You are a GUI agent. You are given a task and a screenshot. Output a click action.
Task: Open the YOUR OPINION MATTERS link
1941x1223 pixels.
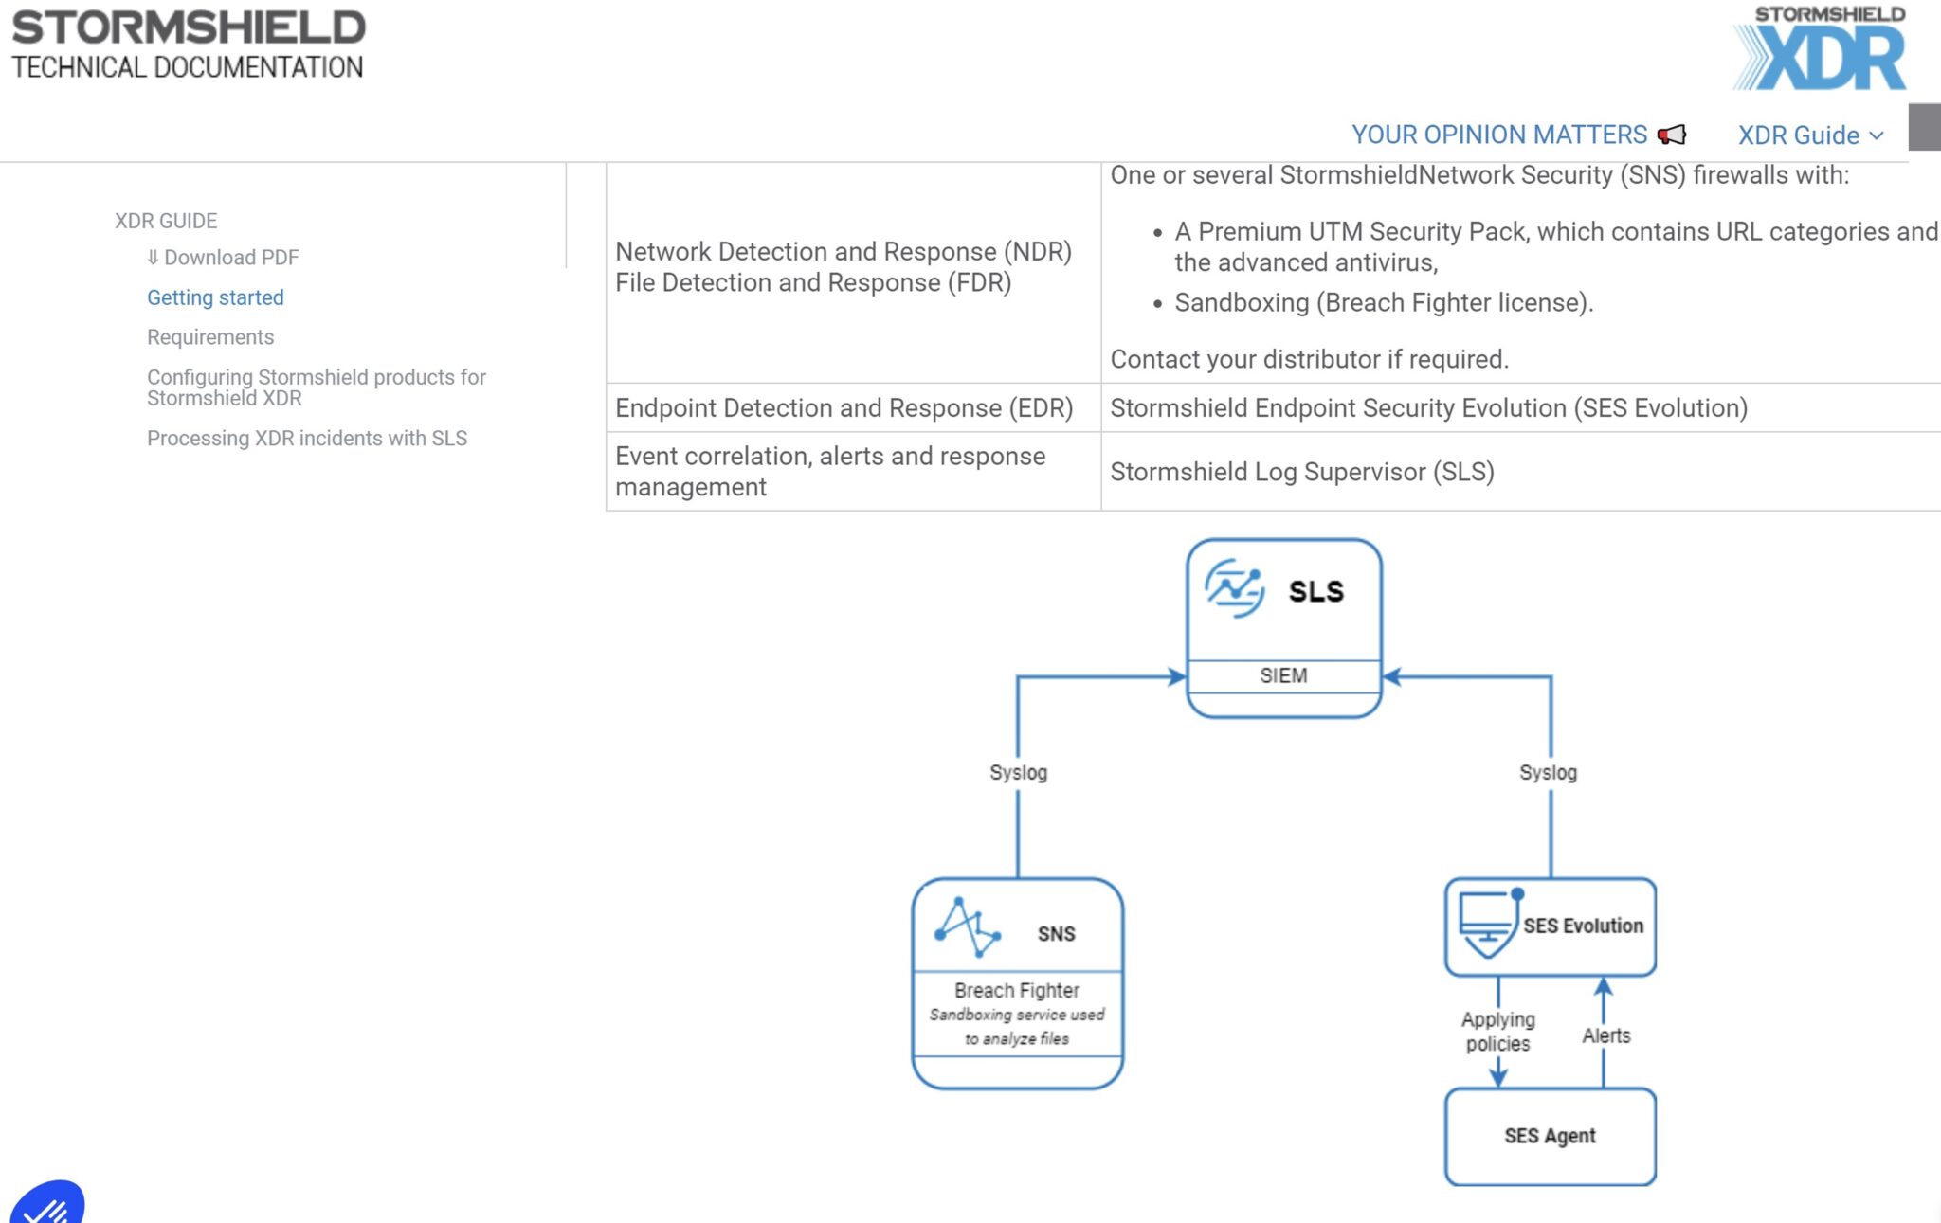[x=1499, y=135]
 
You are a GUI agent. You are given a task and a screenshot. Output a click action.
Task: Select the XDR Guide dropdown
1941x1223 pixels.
[x=1810, y=135]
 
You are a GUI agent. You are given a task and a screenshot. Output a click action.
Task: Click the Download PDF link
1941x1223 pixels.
[x=223, y=258]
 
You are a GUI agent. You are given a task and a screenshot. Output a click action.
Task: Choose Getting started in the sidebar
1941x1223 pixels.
[x=215, y=297]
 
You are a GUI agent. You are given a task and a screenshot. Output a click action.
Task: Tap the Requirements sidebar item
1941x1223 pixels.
[x=210, y=337]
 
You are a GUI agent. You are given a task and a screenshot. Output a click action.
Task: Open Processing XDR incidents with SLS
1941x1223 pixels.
[x=307, y=439]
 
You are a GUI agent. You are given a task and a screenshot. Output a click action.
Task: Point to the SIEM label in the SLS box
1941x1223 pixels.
[x=1283, y=675]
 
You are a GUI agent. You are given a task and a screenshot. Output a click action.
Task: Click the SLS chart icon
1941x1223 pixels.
[x=1234, y=588]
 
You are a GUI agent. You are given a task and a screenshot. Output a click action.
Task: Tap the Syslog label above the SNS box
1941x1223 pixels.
[x=1018, y=772]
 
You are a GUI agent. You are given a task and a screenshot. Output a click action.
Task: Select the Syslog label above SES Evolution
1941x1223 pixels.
[x=1548, y=772]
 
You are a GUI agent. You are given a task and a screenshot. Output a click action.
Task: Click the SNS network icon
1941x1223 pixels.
[x=968, y=926]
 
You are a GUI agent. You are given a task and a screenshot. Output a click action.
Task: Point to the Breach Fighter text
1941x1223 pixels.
[x=1017, y=990]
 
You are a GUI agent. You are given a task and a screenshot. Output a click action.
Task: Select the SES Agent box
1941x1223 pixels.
[x=1551, y=1136]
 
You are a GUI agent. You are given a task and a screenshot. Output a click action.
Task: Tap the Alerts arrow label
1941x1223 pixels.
[x=1606, y=1035]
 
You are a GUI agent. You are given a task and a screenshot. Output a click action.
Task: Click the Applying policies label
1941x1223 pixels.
[x=1497, y=1032]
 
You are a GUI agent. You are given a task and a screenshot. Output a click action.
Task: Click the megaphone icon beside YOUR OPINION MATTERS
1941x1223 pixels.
[x=1672, y=135]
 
